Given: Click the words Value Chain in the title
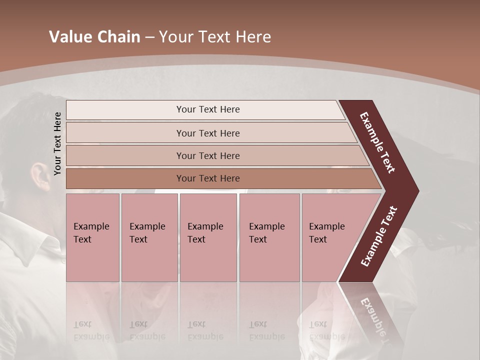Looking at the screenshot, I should pos(94,37).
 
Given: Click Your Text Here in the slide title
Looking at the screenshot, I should pos(215,37).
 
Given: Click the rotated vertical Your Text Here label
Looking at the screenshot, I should pos(57,143).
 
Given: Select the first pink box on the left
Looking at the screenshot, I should pos(92,237).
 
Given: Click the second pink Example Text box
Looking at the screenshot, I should pos(149,237).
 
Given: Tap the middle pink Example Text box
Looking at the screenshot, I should pos(208,237).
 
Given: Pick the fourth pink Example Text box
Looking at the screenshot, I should pos(269,237).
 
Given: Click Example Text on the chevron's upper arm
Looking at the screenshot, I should pos(377,142).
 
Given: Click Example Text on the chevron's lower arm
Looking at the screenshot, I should pos(379,236).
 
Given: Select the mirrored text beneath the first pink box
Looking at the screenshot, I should pos(91,330).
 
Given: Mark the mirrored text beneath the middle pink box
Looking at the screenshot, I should pos(205,330).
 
